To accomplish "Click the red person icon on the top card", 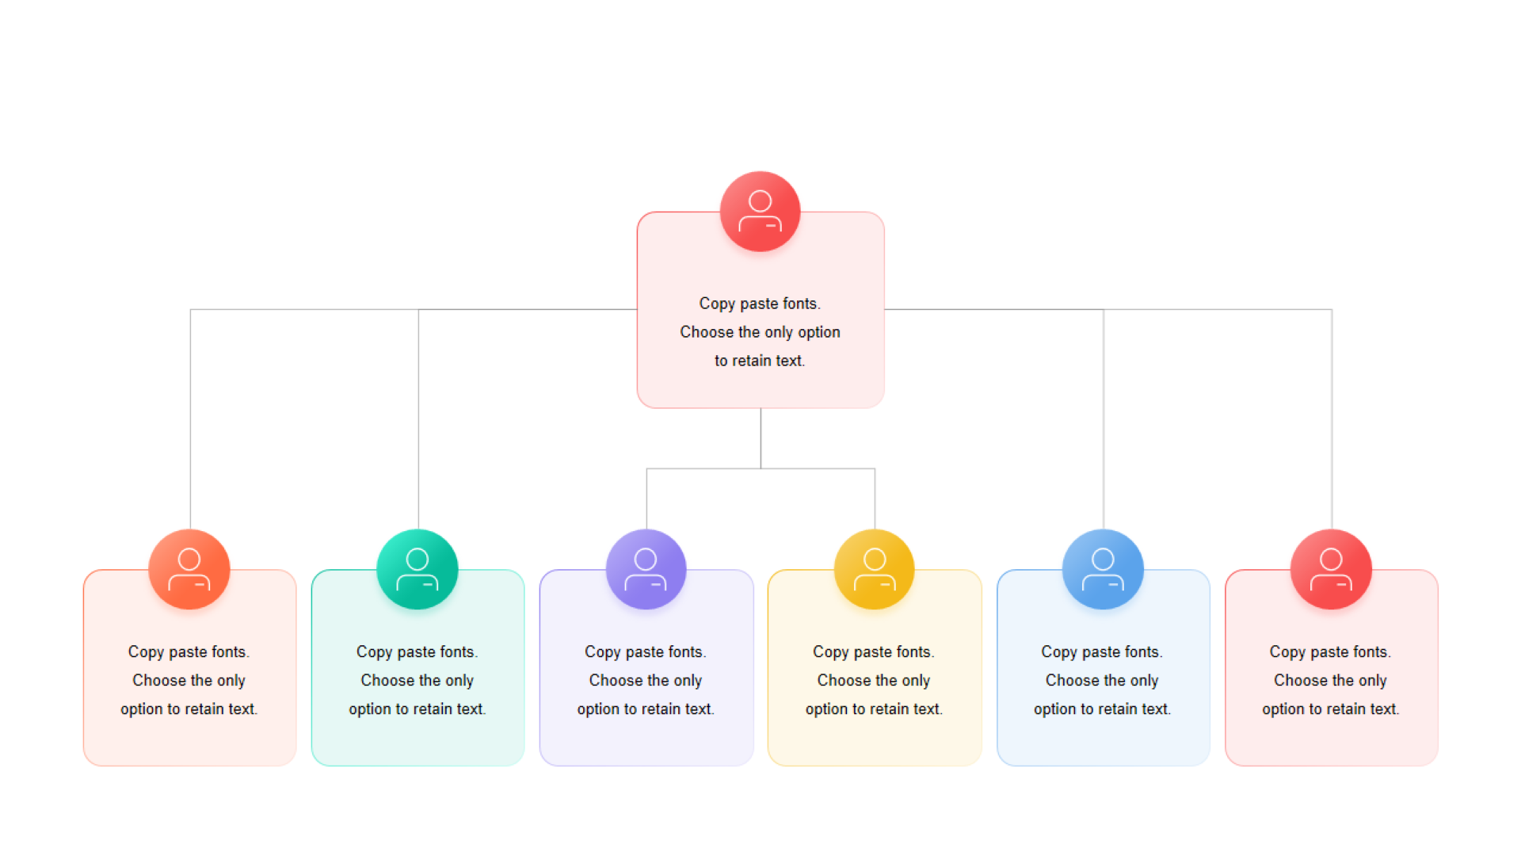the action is (760, 212).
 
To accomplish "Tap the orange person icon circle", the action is (189, 569).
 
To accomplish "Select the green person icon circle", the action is (417, 569).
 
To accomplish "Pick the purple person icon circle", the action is (646, 569).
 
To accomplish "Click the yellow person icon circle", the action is (875, 569).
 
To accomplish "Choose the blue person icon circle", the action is (1103, 569).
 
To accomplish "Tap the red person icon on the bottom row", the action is (1331, 569).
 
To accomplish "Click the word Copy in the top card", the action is (717, 304).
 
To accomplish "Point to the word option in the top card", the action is (819, 333).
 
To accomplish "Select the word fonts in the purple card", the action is (686, 652).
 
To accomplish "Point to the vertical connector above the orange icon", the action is (190, 419).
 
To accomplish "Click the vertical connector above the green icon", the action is (418, 419).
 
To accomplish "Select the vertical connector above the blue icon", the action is (1104, 419).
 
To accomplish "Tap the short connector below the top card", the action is (760, 438).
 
